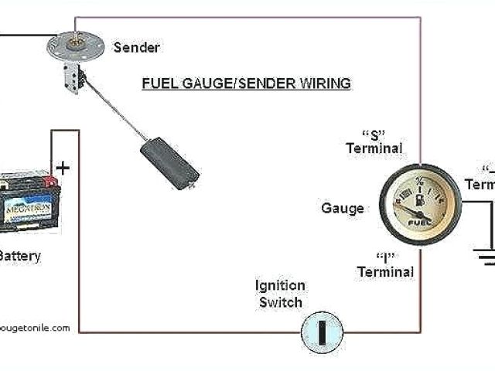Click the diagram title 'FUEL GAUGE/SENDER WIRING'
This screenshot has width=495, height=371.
[246, 83]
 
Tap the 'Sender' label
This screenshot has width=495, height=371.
[136, 47]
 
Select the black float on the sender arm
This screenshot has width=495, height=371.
[169, 163]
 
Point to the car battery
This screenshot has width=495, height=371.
[29, 203]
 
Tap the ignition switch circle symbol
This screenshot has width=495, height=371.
[321, 332]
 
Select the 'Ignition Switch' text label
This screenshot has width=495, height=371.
[280, 294]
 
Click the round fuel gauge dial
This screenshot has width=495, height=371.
[420, 205]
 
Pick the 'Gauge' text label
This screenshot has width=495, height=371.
[342, 209]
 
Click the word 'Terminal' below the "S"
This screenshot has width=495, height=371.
[374, 148]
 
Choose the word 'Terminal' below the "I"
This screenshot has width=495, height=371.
[385, 272]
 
